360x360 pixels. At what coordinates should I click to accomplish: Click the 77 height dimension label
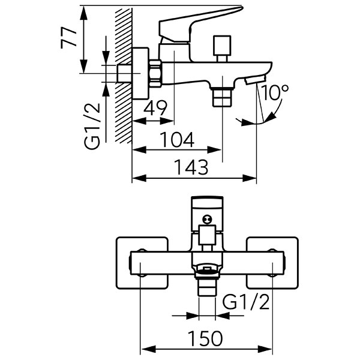tap(68, 38)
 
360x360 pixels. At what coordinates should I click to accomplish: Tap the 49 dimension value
tap(155, 108)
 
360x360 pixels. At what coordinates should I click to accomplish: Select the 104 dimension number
tap(177, 140)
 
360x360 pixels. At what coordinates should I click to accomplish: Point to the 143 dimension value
tap(191, 167)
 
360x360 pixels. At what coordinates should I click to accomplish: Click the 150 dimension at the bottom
tap(205, 338)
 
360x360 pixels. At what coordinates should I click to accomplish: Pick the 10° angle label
tap(275, 92)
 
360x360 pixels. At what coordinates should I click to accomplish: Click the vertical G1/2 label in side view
tap(92, 126)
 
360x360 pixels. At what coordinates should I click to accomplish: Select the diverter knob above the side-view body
tap(221, 49)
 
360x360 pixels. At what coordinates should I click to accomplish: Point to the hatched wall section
tap(124, 76)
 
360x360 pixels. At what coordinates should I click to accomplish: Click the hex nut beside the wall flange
tap(155, 74)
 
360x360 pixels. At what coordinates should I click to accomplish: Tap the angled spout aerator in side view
tap(255, 80)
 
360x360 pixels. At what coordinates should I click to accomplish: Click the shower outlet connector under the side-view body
tap(222, 97)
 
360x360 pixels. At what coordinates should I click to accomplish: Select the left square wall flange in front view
tap(142, 263)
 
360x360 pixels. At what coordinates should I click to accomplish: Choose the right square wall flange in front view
tap(272, 263)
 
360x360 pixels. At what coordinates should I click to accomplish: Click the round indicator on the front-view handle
tap(207, 219)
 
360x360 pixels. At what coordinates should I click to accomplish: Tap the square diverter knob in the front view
tap(207, 235)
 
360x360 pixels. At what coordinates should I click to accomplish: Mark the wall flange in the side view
tap(141, 73)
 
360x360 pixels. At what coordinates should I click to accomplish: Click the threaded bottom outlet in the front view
tap(207, 287)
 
